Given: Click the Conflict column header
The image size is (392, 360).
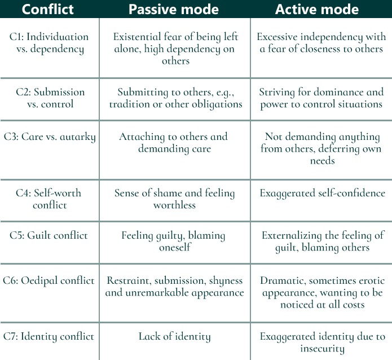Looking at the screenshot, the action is [x=47, y=9].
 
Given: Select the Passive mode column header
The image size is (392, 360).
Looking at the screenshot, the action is [x=174, y=9].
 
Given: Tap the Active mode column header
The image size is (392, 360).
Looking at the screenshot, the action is [x=317, y=9].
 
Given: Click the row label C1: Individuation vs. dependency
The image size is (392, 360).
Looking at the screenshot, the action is [x=49, y=43].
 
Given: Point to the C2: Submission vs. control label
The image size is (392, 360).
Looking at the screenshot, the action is [x=50, y=98].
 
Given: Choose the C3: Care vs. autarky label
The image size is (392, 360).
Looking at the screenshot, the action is [x=50, y=137].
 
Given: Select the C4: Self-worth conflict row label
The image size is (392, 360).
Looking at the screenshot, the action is [x=49, y=199].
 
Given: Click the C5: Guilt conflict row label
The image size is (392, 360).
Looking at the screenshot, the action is [x=49, y=235].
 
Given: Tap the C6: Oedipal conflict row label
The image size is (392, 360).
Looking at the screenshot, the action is [x=49, y=280].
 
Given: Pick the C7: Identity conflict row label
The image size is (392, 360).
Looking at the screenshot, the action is [x=49, y=336].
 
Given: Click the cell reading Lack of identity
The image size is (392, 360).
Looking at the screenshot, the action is [x=175, y=336].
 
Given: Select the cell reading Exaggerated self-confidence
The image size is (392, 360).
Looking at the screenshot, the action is [x=322, y=193].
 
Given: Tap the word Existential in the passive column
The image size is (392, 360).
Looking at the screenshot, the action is [x=137, y=37].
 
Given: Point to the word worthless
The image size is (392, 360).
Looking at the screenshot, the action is [x=174, y=205].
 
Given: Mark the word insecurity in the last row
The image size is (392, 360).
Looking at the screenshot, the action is [x=322, y=349].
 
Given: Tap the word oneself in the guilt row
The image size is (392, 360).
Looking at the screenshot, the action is [x=175, y=247].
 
